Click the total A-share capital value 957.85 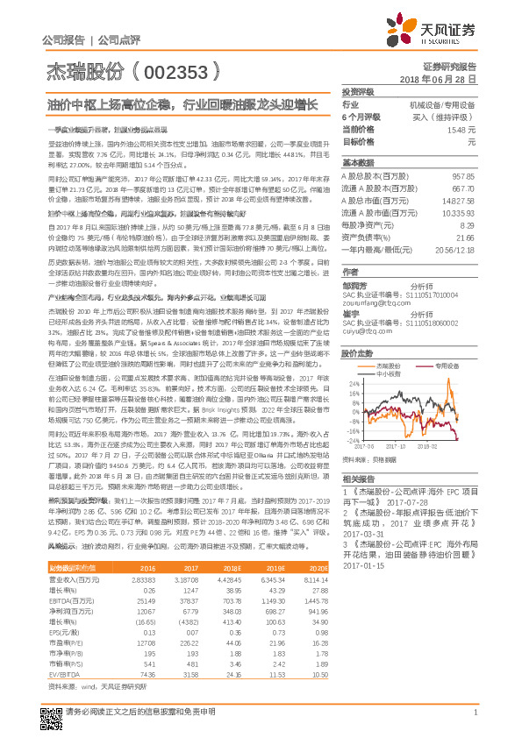coord(462,176)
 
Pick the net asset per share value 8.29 coord(468,225)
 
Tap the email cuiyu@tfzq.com coord(365,332)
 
